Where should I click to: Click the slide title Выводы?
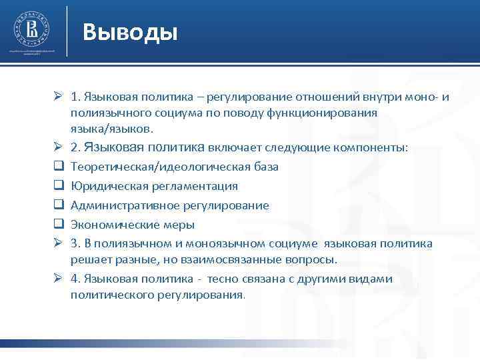click(x=131, y=31)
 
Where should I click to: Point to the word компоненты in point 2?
click(x=374, y=147)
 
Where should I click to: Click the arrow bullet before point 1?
click(x=59, y=99)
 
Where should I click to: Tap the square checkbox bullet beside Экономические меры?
click(x=59, y=225)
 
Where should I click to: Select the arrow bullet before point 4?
click(x=59, y=279)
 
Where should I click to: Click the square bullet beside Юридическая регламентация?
click(x=59, y=186)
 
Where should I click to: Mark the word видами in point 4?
click(x=375, y=279)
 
